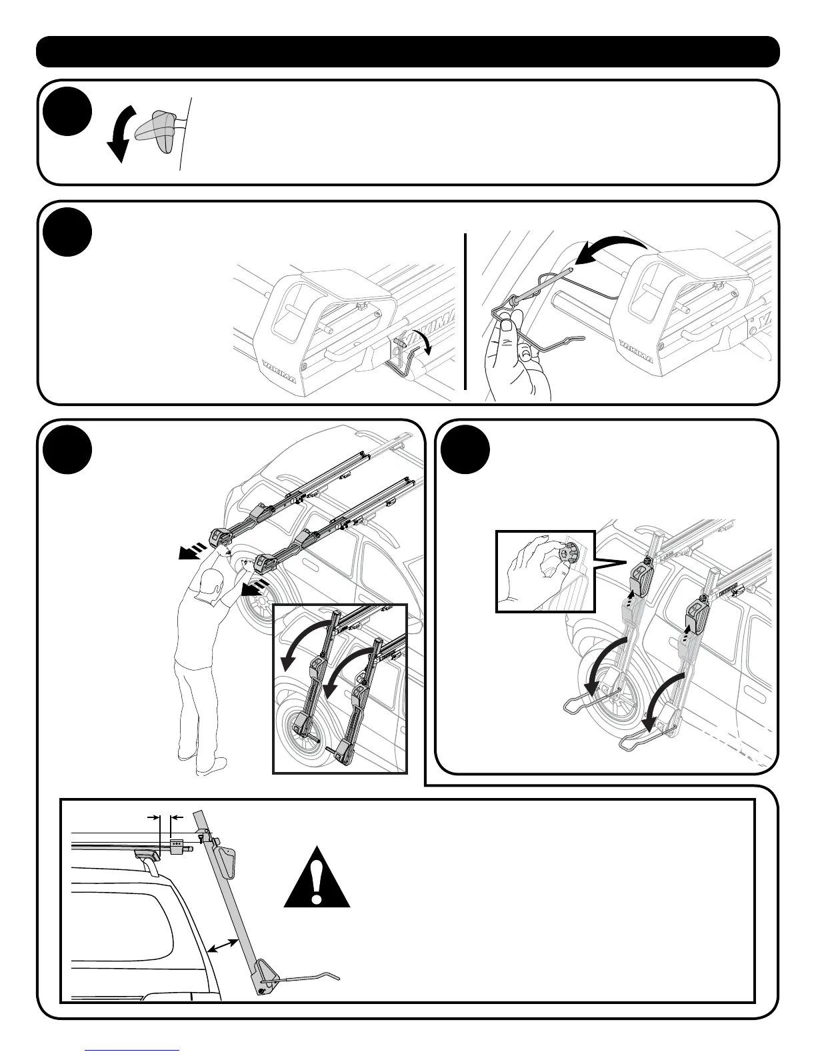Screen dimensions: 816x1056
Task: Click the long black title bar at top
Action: [x=407, y=52]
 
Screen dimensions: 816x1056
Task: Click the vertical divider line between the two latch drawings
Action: [x=465, y=311]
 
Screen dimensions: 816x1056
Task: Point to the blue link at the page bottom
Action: [x=133, y=1049]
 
